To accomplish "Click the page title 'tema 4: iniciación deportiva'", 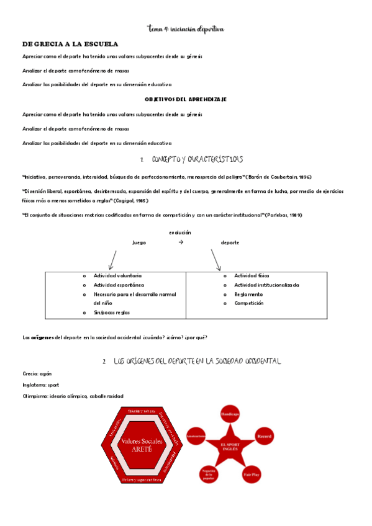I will point(186,29).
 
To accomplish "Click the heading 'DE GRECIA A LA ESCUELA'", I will point(70,45).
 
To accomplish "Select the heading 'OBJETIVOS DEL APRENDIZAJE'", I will point(186,99).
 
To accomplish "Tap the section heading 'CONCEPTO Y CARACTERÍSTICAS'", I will point(197,159).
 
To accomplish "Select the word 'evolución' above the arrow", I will point(180,233).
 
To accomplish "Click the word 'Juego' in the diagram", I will point(139,243).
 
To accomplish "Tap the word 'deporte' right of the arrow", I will point(230,243).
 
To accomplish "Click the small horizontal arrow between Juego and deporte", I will point(181,243).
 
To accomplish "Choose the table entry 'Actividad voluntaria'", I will point(117,275).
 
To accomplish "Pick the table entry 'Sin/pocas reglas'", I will point(112,313).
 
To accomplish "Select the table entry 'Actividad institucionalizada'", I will point(266,285).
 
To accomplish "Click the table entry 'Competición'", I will point(249,303).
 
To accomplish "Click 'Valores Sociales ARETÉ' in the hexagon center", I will point(143,445).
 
